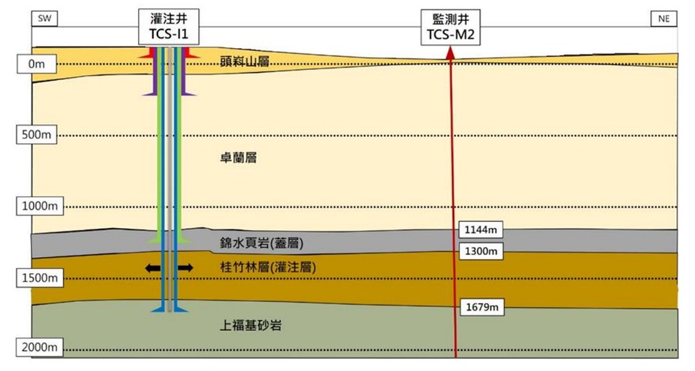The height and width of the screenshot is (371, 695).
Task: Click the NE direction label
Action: pos(664,18)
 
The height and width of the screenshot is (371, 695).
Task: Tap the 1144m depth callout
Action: pos(481,229)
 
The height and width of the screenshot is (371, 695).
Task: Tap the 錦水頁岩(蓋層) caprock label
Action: pos(261,243)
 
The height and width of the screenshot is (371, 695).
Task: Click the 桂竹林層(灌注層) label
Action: pos(269,268)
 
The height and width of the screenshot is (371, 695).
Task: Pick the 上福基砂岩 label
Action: pos(251,326)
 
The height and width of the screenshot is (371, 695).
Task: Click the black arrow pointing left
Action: pos(153,268)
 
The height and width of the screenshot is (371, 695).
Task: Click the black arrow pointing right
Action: pos(185,268)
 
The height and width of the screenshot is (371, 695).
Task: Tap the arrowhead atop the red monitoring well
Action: pos(449,56)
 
